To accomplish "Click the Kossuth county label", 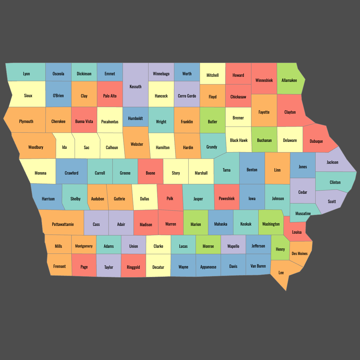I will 136,87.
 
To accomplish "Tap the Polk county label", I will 170,199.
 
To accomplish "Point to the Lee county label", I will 281,273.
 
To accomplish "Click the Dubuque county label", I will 316,141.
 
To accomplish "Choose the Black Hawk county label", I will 239,140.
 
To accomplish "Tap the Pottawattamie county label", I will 63,224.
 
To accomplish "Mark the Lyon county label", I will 26,74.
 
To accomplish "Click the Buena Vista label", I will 84,121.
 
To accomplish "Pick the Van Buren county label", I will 258,266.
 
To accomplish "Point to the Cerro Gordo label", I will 187,96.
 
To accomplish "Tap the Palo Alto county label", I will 110,96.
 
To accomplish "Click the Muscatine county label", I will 303,214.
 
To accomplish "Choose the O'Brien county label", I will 58,96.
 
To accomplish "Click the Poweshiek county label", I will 226,199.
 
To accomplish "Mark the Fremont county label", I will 59,266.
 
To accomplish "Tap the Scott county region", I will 332,202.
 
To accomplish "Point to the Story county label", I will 176,173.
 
